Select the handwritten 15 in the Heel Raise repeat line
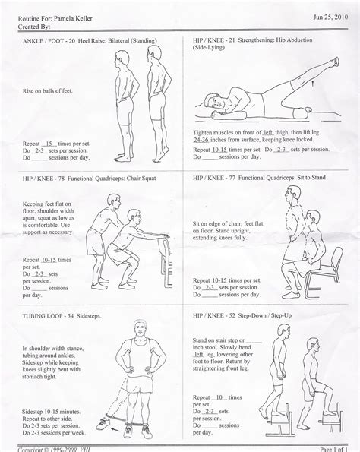[x=50, y=142]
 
